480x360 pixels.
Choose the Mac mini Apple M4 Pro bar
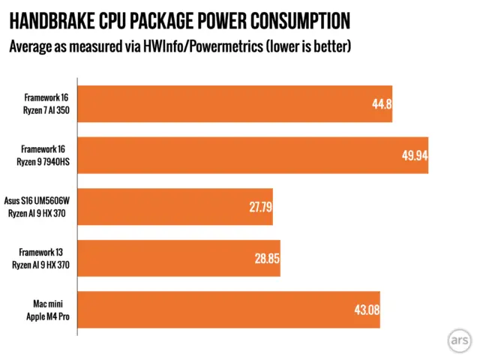225,310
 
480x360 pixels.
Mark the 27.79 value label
259,207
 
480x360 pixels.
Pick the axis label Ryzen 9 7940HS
46,161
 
